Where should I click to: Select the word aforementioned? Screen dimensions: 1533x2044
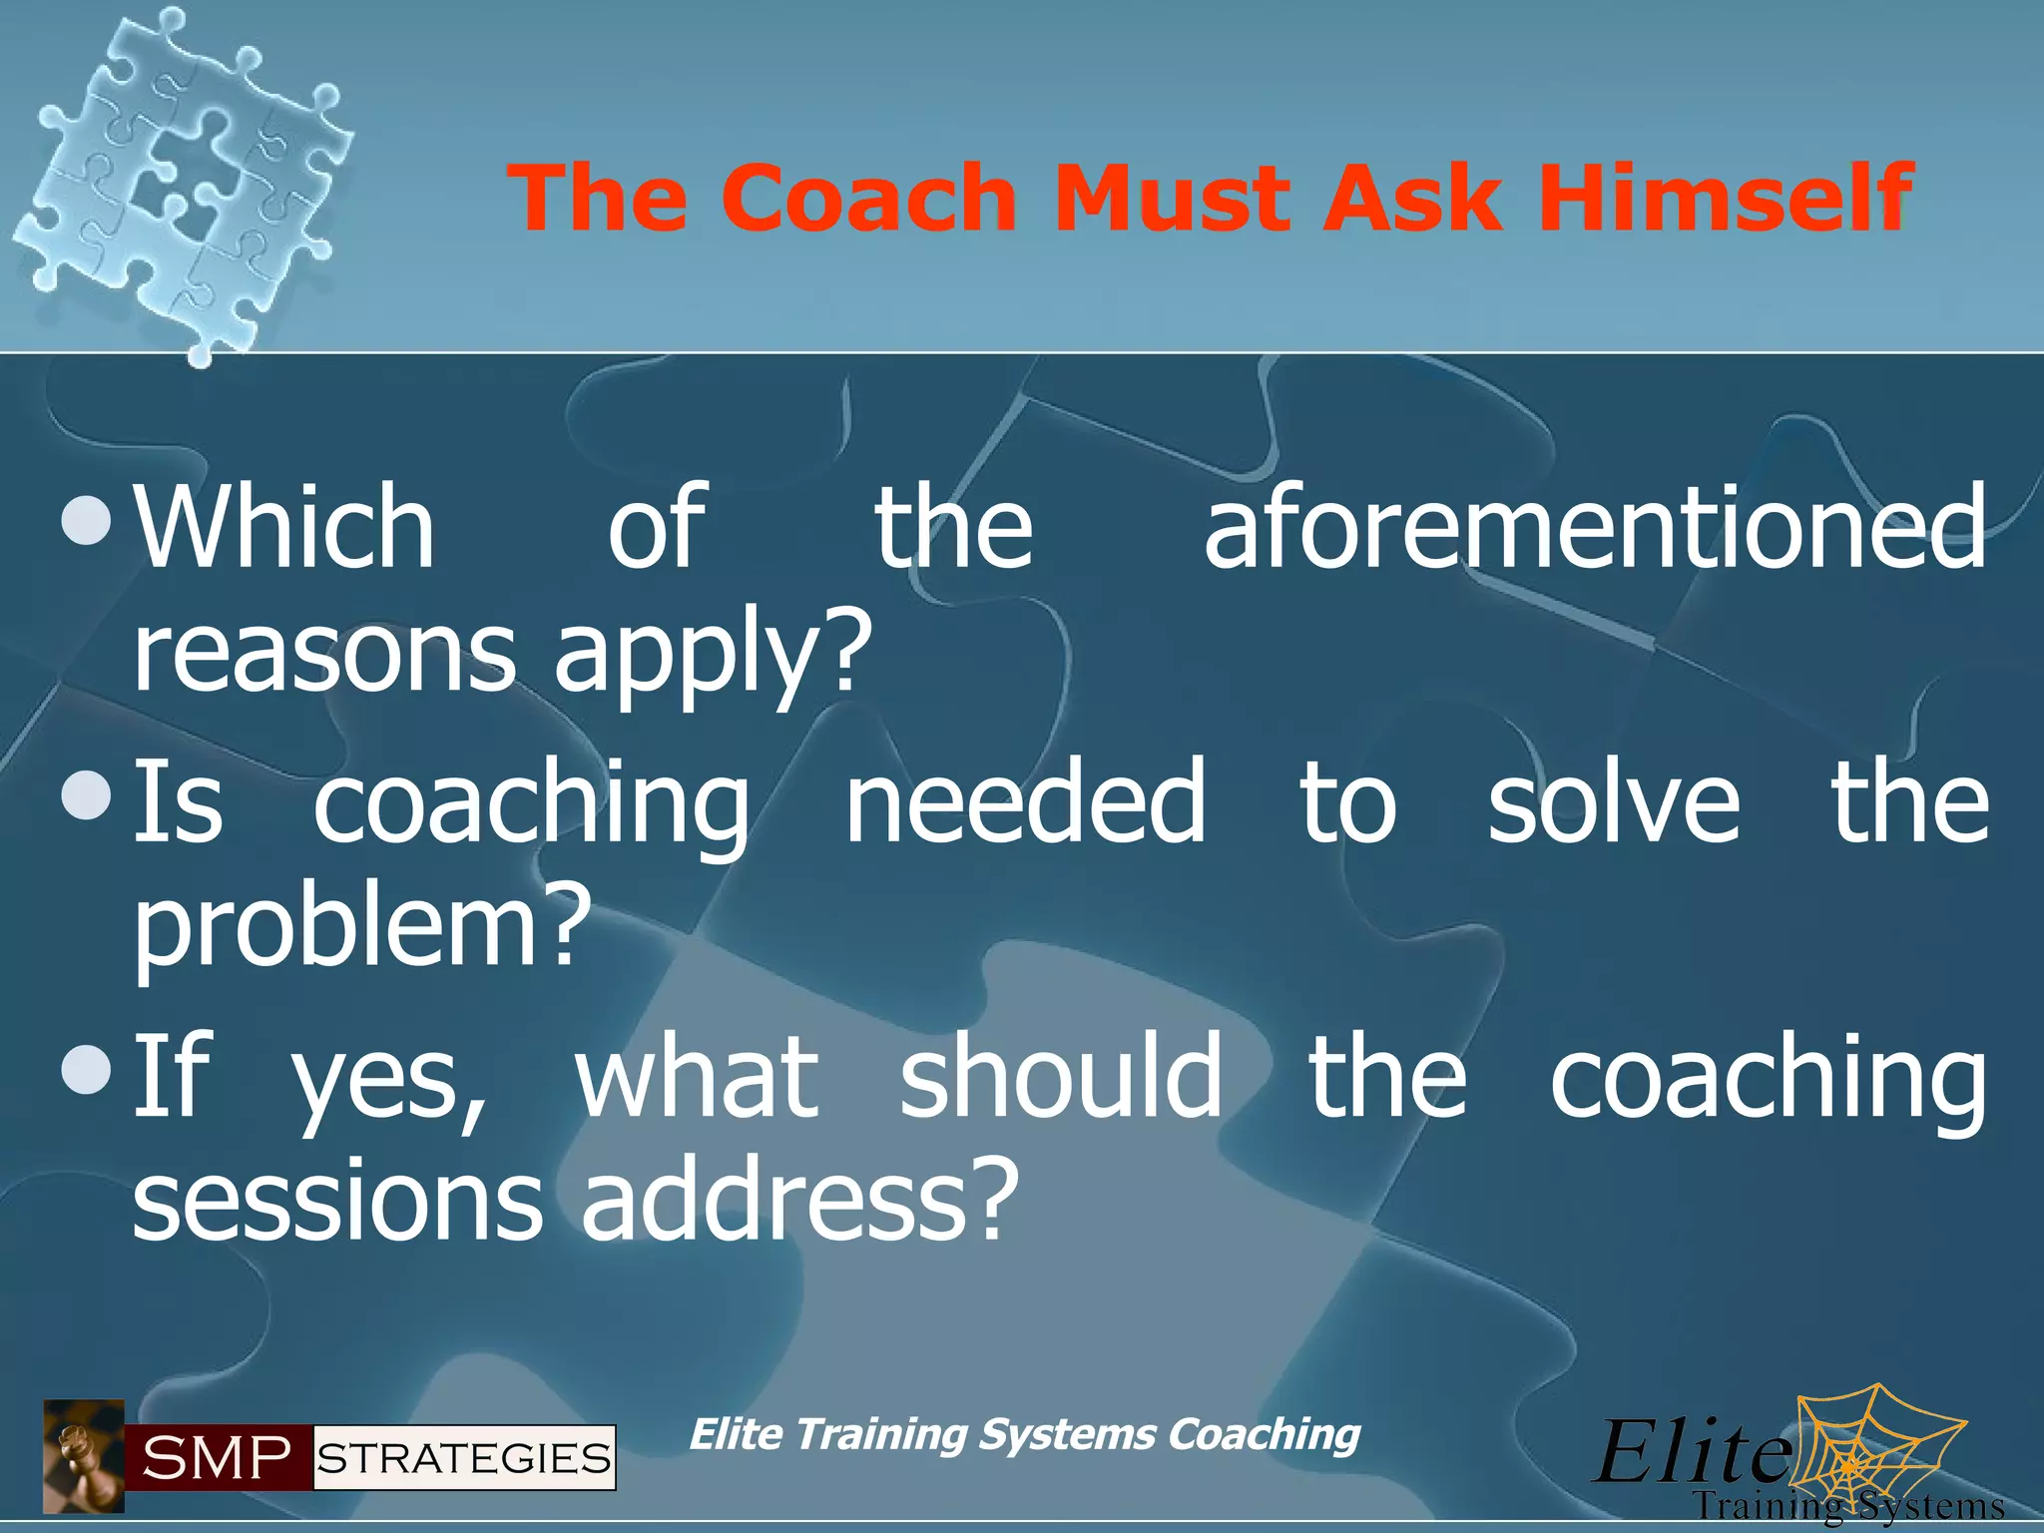click(1595, 527)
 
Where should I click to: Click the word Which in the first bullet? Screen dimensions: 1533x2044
click(284, 527)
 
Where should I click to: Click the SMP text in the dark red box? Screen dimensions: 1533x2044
click(217, 1459)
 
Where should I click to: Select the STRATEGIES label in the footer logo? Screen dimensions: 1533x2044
click(464, 1459)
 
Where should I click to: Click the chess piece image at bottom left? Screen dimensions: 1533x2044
click(84, 1456)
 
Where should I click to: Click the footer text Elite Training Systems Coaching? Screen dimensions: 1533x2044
click(1024, 1435)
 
